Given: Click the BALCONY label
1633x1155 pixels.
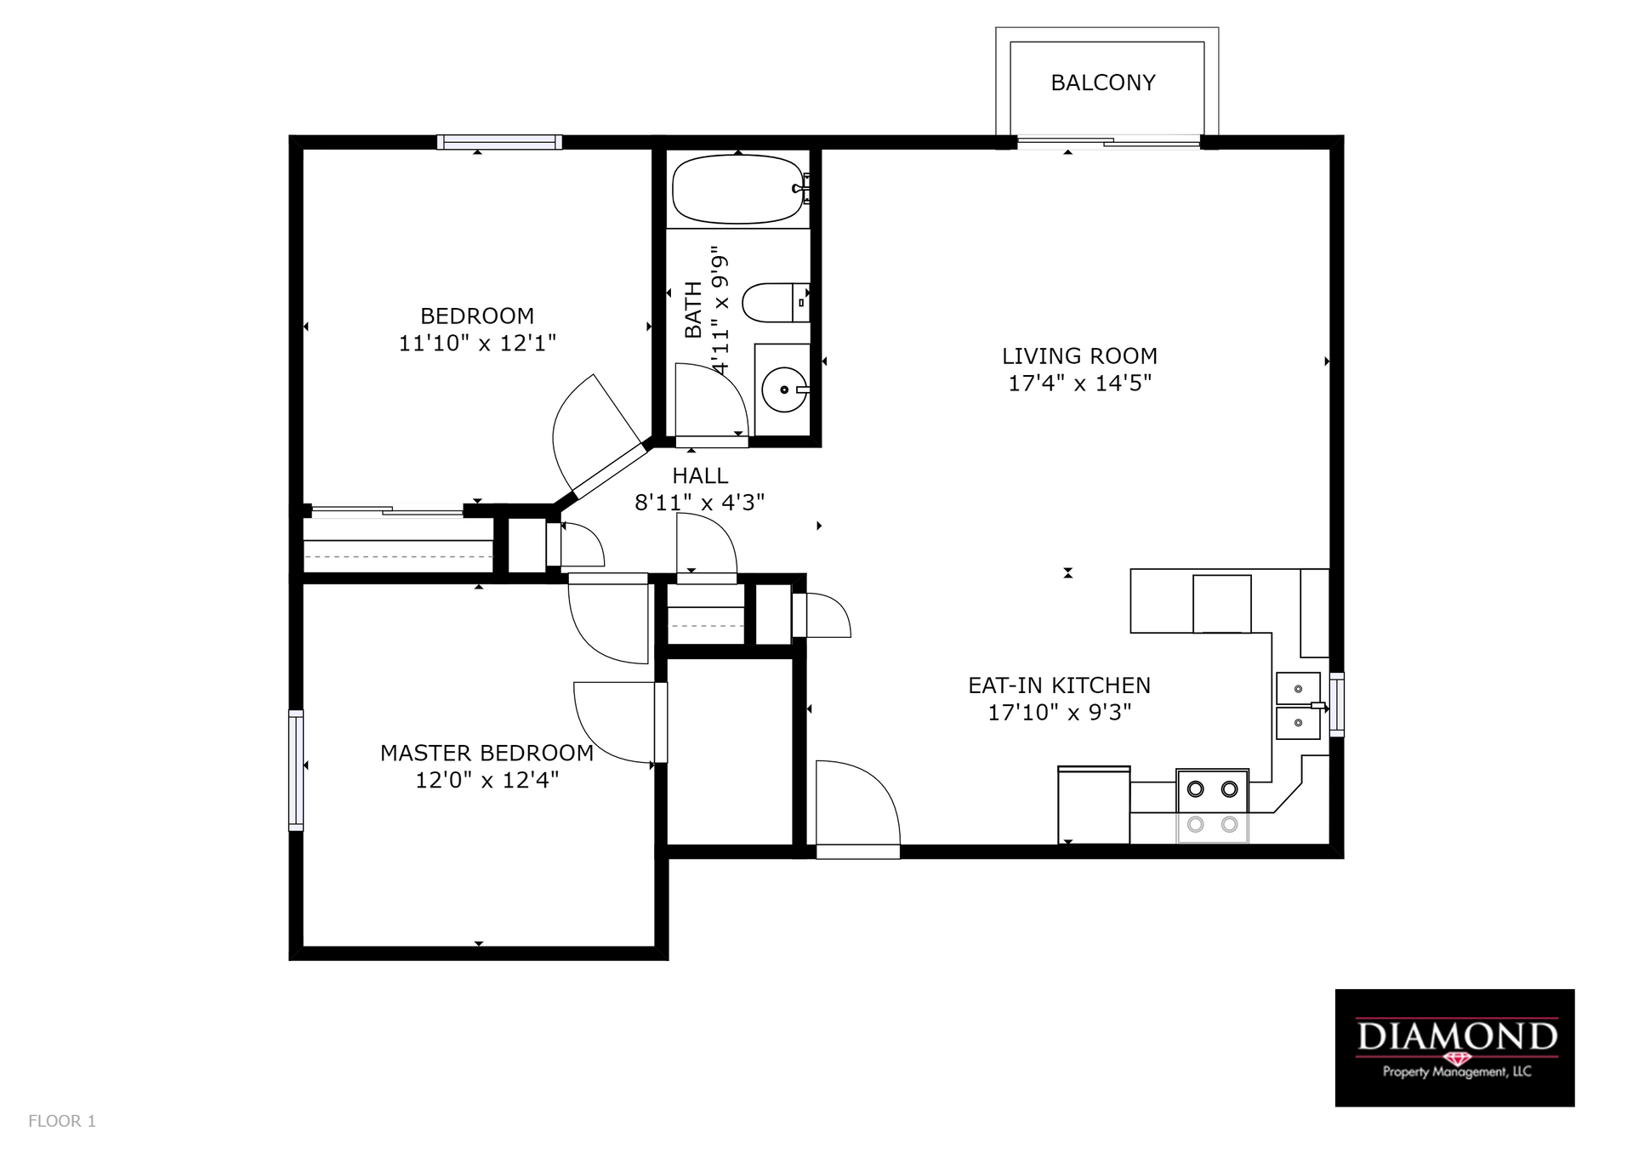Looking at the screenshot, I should tap(1102, 82).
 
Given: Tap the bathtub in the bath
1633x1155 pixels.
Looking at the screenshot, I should tap(737, 189).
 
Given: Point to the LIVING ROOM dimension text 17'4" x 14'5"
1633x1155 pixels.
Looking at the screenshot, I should tap(1079, 384).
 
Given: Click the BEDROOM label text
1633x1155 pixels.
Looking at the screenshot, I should tap(477, 316).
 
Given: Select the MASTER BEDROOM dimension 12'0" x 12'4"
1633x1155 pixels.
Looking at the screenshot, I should tap(486, 780).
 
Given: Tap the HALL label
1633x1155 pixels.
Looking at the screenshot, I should tap(700, 475).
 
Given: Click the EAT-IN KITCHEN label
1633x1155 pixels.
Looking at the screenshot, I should tap(1059, 686).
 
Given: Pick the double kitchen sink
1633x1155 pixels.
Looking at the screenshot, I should tap(1298, 706).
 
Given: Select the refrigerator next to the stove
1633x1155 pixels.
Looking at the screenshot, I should tap(1093, 805).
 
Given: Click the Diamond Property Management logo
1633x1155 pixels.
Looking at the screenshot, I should tap(1454, 1047).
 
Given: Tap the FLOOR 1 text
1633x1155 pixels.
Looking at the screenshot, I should tap(62, 1121).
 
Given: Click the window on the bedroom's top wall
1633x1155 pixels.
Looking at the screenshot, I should tap(499, 142).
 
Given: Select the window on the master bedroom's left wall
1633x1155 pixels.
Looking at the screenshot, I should tap(296, 770).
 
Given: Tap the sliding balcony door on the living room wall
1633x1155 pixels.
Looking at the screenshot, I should tap(1108, 143).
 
